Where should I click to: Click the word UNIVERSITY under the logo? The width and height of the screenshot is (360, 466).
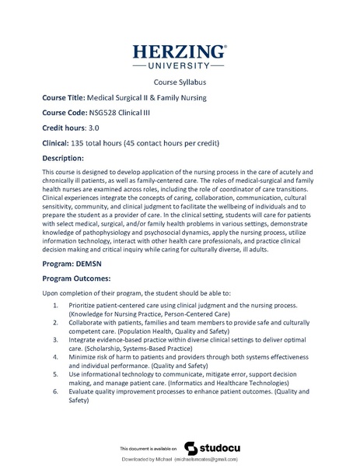[x=180, y=67]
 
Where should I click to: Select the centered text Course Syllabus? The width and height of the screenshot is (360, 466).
[x=180, y=84]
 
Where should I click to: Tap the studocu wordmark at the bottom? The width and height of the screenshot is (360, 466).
[x=220, y=448]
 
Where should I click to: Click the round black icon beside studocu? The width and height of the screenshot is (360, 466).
[x=190, y=448]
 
